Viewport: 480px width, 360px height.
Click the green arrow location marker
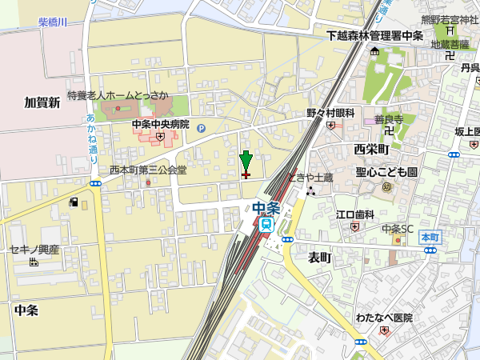point(246,162)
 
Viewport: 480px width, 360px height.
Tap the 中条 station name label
point(266,208)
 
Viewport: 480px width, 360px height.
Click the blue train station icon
point(266,225)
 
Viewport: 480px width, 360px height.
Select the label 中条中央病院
point(161,125)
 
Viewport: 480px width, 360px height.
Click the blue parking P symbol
point(201,126)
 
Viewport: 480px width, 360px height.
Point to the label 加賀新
point(42,102)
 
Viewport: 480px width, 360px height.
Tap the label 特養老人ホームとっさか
point(118,95)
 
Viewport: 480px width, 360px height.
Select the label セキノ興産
point(34,250)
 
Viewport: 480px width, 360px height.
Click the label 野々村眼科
point(330,114)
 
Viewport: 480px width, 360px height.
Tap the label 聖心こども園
point(387,172)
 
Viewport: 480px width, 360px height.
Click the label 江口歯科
point(355,214)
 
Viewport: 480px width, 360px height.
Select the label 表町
point(319,257)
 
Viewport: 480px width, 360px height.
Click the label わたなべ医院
point(384,318)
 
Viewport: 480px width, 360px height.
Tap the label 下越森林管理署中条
point(374,36)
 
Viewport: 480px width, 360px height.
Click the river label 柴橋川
point(53,24)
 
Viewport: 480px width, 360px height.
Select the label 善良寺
point(389,119)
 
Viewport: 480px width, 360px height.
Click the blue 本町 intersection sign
point(430,238)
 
